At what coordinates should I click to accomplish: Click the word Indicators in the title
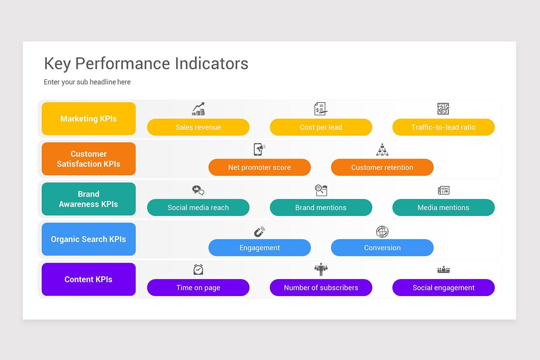(211, 63)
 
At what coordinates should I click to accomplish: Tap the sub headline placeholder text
(87, 82)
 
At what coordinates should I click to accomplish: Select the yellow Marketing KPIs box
(89, 119)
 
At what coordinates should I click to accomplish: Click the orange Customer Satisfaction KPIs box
(89, 159)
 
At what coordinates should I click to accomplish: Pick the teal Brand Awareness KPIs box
(89, 199)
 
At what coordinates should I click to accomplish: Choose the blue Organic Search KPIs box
(89, 239)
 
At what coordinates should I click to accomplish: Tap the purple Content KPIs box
(89, 279)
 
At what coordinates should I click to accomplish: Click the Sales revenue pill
(198, 127)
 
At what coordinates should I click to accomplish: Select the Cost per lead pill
(321, 127)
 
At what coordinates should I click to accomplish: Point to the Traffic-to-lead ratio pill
(443, 127)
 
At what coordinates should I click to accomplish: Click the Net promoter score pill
(260, 167)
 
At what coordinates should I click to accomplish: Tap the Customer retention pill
(382, 167)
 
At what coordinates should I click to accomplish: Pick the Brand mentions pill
(321, 207)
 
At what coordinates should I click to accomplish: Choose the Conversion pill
(382, 247)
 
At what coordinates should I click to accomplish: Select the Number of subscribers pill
(321, 288)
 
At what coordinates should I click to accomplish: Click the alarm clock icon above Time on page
(198, 270)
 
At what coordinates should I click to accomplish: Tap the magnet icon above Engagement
(259, 232)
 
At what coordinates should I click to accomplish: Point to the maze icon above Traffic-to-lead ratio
(443, 109)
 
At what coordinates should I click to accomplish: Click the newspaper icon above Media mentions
(444, 190)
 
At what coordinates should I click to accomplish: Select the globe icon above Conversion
(382, 232)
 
